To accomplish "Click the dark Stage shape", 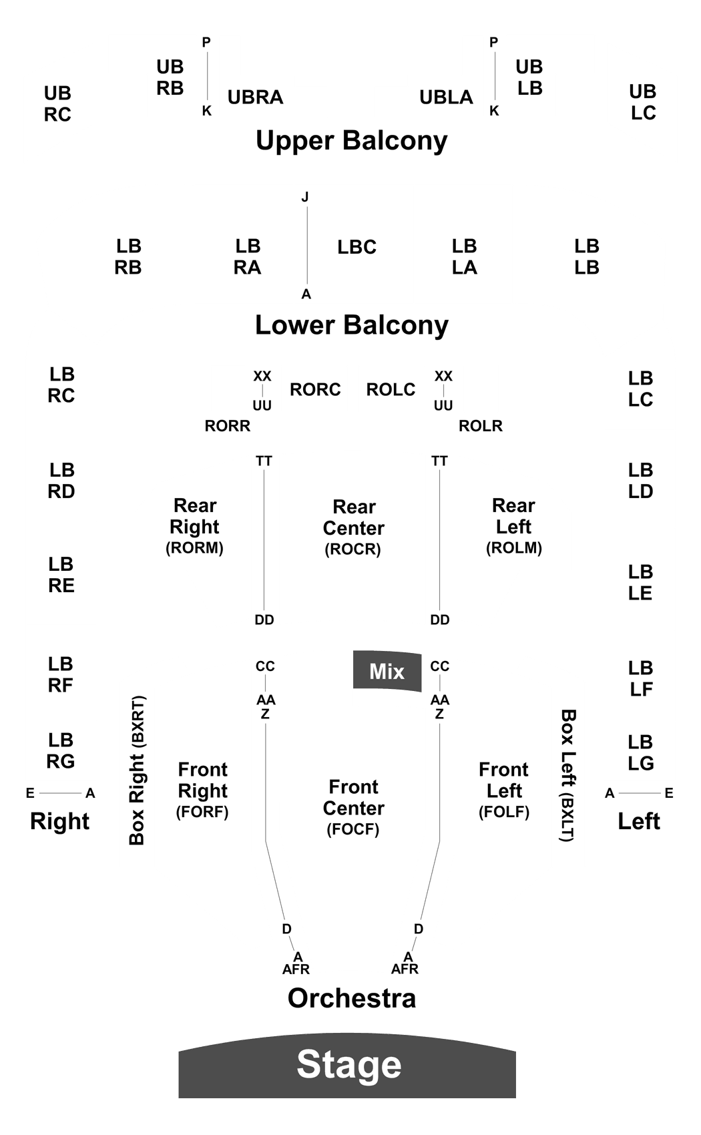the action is (x=347, y=1066).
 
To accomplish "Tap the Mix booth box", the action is (x=387, y=671).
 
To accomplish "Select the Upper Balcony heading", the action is (x=352, y=141).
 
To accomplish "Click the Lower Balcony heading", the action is (x=352, y=325).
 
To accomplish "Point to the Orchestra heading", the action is (x=352, y=998).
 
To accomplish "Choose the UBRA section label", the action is (x=255, y=97).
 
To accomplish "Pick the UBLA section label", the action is (x=446, y=97).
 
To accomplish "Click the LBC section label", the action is (x=357, y=247).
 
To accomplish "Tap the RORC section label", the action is (x=315, y=390).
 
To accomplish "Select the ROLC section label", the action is (x=391, y=390).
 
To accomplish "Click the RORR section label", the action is (x=228, y=426).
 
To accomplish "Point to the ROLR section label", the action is (x=481, y=426).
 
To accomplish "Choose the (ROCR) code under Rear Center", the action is (x=353, y=549).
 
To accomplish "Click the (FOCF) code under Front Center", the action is (x=353, y=829).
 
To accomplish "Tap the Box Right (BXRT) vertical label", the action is (x=138, y=770).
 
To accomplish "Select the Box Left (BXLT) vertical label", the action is (x=567, y=775).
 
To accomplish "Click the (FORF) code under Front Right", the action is (x=202, y=813).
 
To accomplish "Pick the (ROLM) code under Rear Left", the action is (x=514, y=548).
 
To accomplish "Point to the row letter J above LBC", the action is (x=305, y=197).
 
